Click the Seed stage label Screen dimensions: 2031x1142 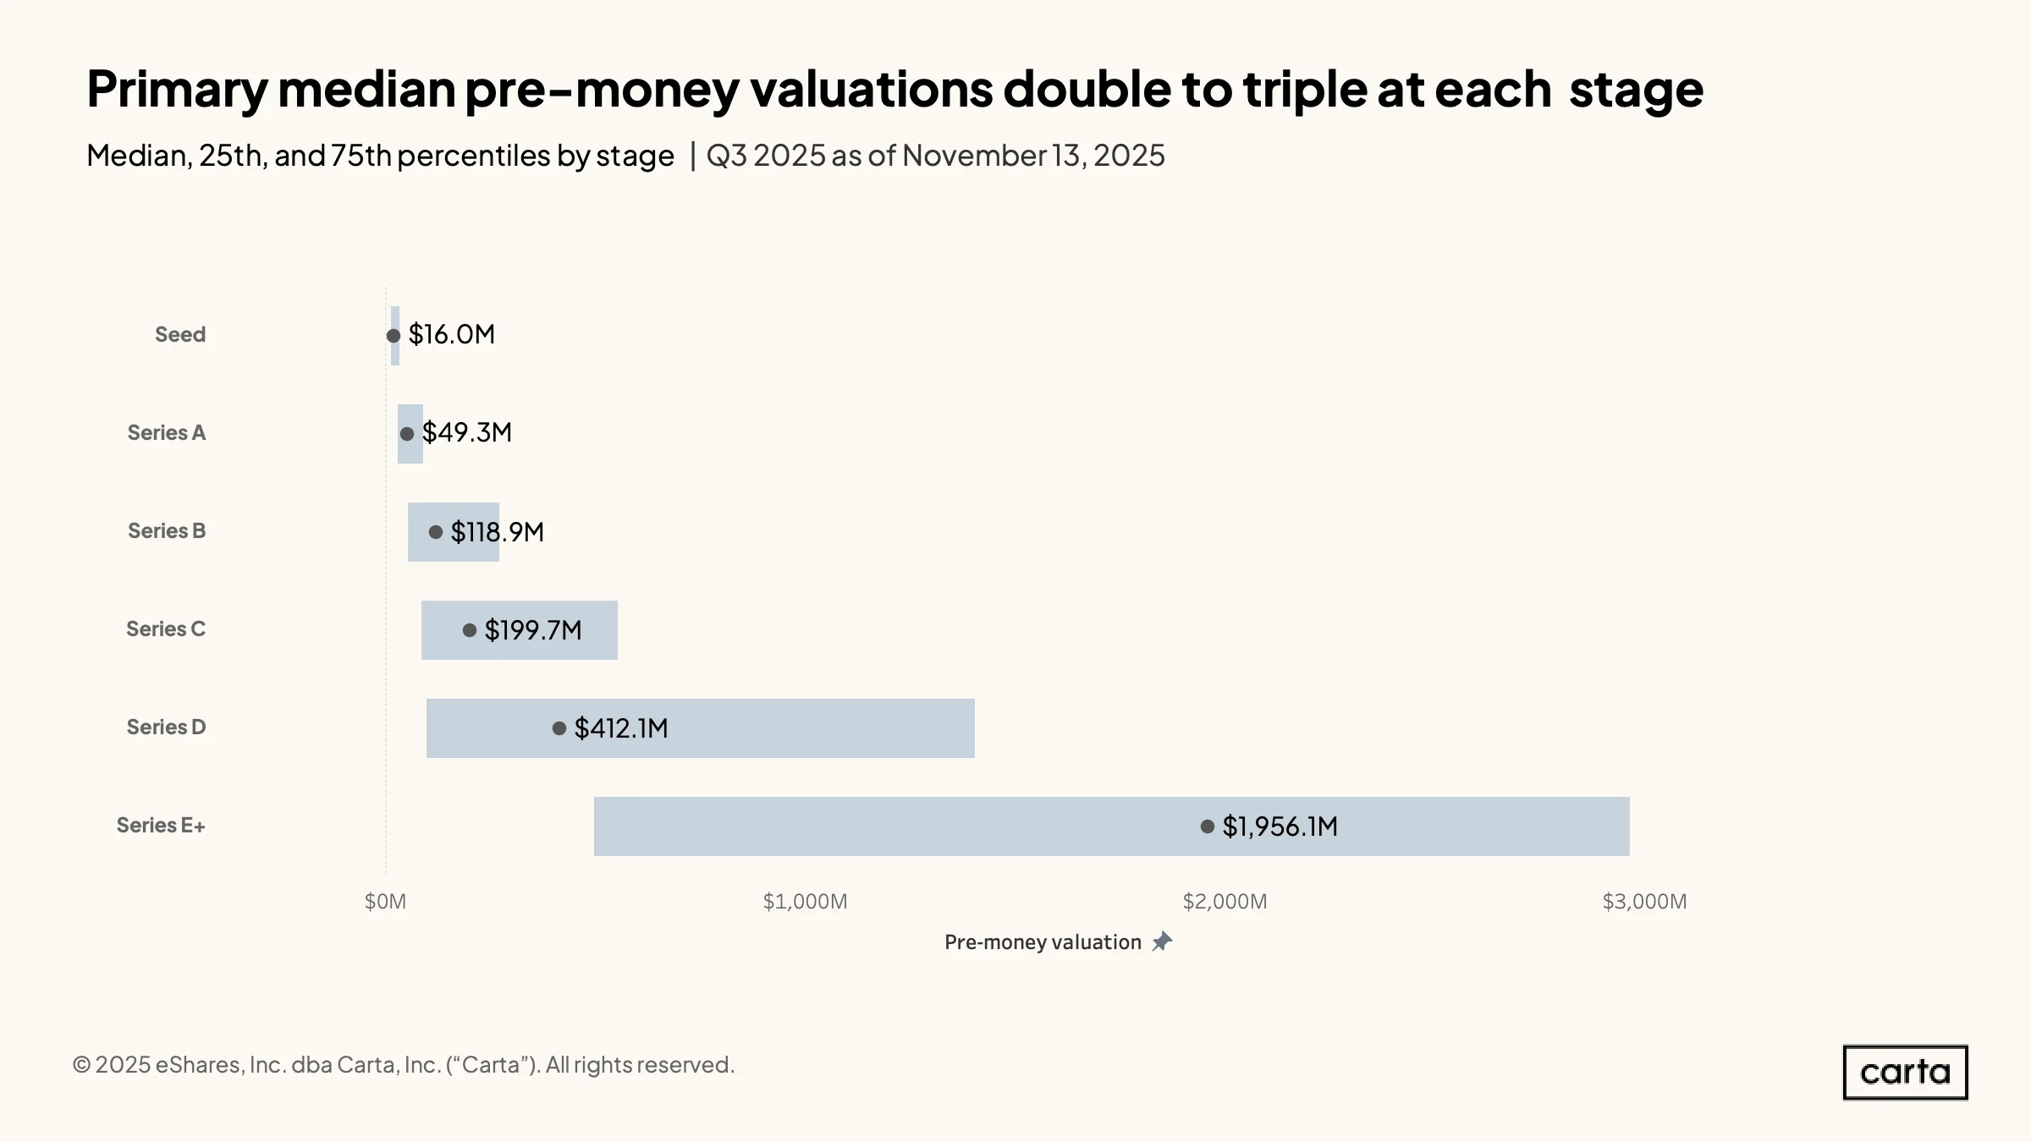[180, 334]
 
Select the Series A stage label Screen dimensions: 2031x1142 [167, 432]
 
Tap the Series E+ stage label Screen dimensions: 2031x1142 [161, 825]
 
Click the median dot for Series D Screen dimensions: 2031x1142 [559, 728]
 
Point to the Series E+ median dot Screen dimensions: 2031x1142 [1208, 826]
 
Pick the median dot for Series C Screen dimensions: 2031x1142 [470, 630]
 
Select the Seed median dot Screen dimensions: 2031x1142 [394, 336]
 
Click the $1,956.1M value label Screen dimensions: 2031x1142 [1280, 826]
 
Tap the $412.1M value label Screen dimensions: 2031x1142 [621, 728]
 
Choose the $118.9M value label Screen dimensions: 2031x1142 [498, 532]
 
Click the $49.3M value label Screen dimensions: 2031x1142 [467, 432]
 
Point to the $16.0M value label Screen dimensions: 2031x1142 [452, 334]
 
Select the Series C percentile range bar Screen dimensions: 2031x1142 [520, 630]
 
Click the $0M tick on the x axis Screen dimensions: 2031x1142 [385, 902]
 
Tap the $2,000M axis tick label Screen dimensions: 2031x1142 [1225, 902]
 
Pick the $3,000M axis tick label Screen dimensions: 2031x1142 [1644, 902]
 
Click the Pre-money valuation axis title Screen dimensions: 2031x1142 [1043, 942]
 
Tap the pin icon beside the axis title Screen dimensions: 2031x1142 [1163, 942]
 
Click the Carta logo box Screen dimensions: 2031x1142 [1906, 1073]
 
